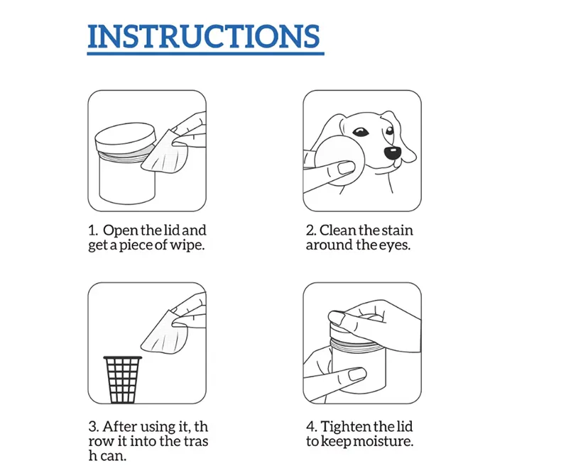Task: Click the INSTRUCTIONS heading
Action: (204, 37)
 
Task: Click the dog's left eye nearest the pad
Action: (361, 133)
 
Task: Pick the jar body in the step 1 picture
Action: (126, 181)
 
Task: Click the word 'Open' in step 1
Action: (119, 230)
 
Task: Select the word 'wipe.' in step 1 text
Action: (197, 245)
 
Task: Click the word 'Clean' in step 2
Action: (339, 230)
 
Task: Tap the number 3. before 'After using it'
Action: (93, 426)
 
